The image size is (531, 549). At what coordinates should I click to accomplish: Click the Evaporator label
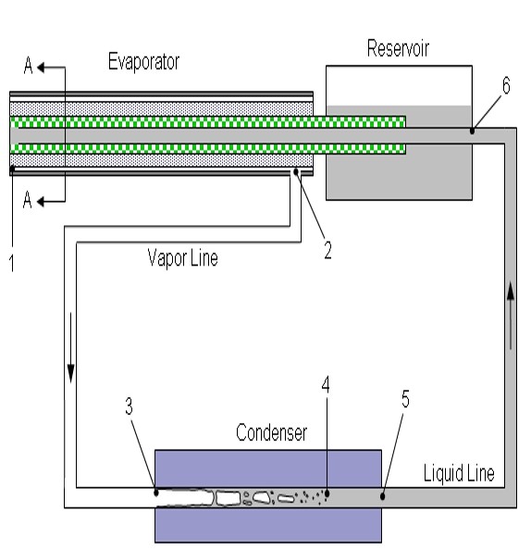[x=143, y=62]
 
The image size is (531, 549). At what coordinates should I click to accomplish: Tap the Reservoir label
[x=398, y=48]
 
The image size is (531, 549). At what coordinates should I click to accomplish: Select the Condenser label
[x=271, y=432]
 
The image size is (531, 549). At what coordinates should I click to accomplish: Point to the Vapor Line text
[x=182, y=258]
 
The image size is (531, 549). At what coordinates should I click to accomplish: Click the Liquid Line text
[x=459, y=473]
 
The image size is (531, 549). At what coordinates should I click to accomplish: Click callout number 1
[x=12, y=263]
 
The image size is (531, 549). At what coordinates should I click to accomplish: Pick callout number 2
[x=327, y=250]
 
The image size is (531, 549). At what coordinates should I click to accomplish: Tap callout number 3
[x=130, y=406]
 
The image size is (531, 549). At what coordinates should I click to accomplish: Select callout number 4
[x=326, y=384]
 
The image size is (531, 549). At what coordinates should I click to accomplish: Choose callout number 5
[x=405, y=399]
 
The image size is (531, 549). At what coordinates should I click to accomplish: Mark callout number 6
[x=506, y=85]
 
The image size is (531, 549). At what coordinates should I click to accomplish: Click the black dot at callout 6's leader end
[x=472, y=131]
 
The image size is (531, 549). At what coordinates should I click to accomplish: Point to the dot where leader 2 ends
[x=296, y=171]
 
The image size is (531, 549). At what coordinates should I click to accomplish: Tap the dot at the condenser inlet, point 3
[x=156, y=493]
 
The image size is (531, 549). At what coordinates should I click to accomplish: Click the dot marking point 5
[x=383, y=496]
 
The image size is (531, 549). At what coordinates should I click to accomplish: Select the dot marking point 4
[x=327, y=493]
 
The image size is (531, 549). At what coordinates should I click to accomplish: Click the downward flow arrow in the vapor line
[x=70, y=348]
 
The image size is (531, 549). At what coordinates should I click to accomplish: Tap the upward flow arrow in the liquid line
[x=511, y=316]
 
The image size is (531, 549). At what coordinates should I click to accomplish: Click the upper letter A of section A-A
[x=29, y=66]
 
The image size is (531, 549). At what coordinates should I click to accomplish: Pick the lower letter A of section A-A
[x=27, y=200]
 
